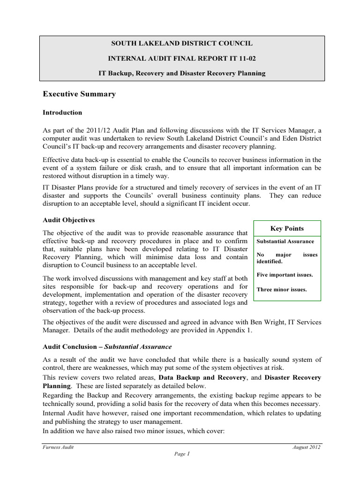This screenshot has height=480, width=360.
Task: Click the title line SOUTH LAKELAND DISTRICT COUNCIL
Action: (x=181, y=43)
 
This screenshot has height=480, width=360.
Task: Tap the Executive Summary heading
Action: (x=79, y=94)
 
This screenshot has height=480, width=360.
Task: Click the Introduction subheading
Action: (x=62, y=112)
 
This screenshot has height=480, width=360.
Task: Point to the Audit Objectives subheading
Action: (x=69, y=219)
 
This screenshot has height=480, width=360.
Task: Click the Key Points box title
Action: (x=287, y=228)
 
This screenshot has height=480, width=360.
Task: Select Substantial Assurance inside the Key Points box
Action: (x=285, y=241)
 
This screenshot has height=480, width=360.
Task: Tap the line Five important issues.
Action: (x=285, y=275)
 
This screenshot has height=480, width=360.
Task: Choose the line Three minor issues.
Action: (x=282, y=289)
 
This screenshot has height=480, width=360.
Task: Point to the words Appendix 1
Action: (x=234, y=330)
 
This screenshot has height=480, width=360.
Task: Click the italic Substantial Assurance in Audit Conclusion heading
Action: (x=138, y=347)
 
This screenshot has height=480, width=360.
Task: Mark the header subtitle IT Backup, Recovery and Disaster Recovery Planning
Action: (x=181, y=73)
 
